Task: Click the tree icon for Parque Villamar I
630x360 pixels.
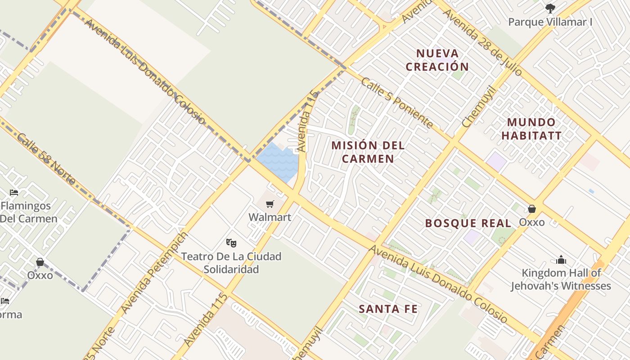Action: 550,8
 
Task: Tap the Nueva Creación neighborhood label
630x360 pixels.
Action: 437,60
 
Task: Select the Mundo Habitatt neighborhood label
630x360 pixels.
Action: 531,129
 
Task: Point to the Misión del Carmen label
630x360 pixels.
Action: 368,152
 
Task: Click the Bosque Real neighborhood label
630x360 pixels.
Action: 468,223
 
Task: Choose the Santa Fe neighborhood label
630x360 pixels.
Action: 388,309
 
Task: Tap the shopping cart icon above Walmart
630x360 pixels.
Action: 270,205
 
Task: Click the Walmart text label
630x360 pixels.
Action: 270,217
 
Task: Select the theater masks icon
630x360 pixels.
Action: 231,243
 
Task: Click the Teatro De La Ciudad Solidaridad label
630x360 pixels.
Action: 231,263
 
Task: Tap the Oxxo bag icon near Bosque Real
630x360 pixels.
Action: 532,209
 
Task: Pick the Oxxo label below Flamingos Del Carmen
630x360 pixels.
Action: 40,275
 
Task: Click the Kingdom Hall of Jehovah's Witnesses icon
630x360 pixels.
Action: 561,260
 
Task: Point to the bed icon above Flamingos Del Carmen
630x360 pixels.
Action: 14,193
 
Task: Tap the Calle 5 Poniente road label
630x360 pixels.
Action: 397,103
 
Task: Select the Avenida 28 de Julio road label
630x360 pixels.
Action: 482,42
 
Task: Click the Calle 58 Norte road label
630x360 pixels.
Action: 46,159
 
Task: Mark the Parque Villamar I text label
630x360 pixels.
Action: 550,22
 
